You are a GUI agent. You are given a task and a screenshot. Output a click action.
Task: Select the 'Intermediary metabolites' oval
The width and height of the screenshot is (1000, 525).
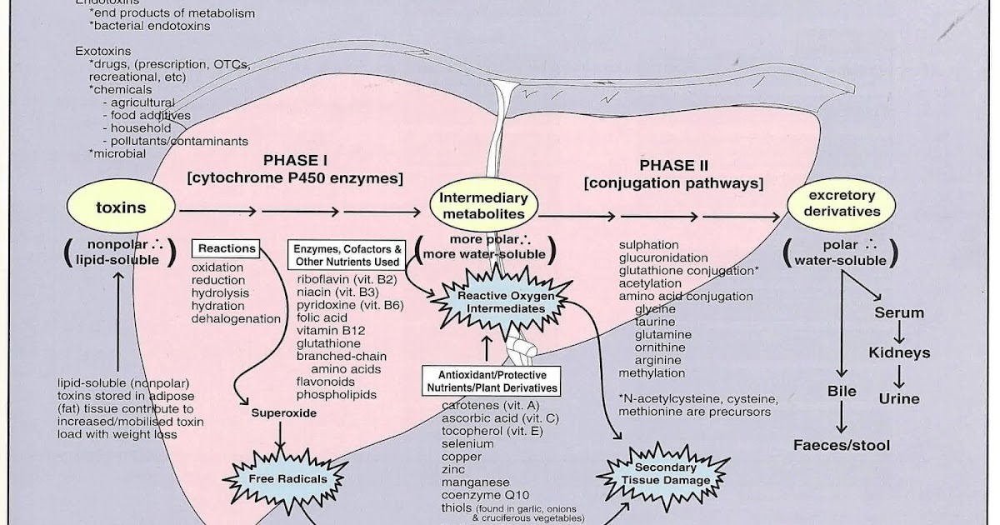(483, 206)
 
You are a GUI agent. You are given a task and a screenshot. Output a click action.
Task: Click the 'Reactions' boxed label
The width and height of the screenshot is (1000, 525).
(227, 248)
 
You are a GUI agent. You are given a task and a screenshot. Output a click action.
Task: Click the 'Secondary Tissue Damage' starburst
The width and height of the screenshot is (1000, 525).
(665, 473)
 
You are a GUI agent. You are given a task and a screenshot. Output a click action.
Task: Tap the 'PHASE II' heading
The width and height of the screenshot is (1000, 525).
(673, 166)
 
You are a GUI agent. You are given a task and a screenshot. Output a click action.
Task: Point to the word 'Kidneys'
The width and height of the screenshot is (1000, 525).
(899, 352)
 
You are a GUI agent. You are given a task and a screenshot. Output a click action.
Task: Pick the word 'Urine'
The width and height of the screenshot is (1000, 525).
(899, 398)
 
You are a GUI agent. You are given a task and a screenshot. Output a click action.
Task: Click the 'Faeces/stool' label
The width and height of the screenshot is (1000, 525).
(841, 445)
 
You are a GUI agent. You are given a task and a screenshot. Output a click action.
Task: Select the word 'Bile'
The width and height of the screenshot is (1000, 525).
(842, 390)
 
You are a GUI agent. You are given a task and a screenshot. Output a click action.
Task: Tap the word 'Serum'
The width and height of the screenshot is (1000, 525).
(899, 312)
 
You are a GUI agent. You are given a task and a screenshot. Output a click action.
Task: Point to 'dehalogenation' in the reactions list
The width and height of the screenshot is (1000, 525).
(237, 318)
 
